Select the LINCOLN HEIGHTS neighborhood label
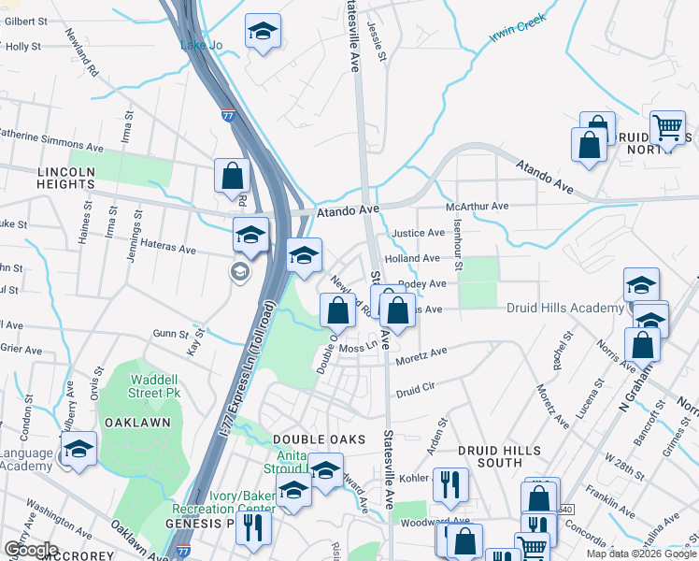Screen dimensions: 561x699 pos(66,179)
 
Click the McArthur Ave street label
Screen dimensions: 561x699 pos(477,206)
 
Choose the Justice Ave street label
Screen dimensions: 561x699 pos(419,233)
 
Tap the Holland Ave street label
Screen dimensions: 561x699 pos(411,258)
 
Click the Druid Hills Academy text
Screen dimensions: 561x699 pos(565,308)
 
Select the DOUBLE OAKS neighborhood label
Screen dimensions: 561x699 pos(311,439)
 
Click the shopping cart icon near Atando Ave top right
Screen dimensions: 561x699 pos(667,128)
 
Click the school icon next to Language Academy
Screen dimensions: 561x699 pos(79,448)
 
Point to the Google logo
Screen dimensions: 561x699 pos(30,550)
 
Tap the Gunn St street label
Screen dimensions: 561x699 pos(171,333)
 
